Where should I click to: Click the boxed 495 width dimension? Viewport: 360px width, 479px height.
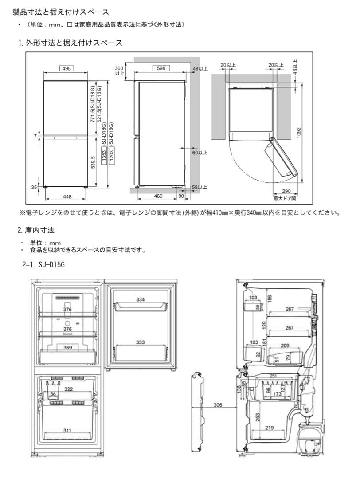(66, 68)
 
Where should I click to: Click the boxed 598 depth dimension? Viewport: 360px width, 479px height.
(161, 68)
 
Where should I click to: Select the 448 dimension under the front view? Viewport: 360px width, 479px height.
(67, 196)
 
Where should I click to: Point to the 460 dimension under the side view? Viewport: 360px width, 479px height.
(158, 196)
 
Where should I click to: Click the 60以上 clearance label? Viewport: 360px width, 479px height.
(200, 153)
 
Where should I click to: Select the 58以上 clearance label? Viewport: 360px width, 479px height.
(200, 188)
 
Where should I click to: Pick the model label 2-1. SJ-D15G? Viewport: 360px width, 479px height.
(44, 265)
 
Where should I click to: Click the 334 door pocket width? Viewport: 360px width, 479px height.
(140, 300)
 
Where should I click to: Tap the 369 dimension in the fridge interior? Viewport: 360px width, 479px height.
(67, 348)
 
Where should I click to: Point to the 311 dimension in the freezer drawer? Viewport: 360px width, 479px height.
(67, 430)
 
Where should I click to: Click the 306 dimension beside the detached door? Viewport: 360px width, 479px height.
(218, 405)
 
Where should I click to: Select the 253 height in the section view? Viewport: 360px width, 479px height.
(258, 417)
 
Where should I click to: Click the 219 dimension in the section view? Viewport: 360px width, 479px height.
(269, 428)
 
